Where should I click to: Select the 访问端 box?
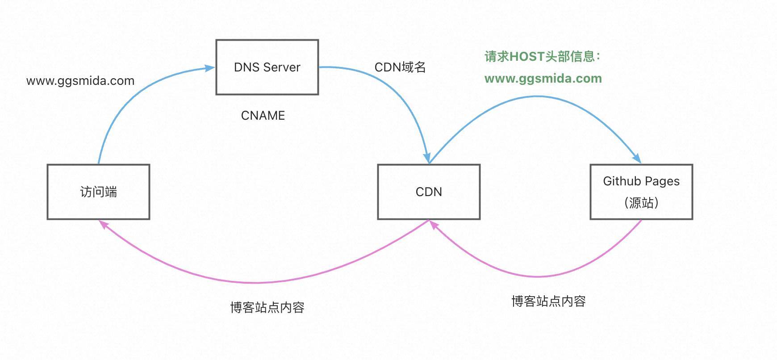(x=98, y=192)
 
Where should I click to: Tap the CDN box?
(x=429, y=192)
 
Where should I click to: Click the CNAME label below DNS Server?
(x=263, y=116)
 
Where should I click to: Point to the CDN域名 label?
(x=400, y=67)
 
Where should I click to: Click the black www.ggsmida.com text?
(x=80, y=81)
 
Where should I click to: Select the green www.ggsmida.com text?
(x=543, y=79)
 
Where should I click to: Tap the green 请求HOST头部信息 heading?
(x=542, y=57)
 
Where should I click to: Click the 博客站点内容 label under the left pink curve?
(x=267, y=307)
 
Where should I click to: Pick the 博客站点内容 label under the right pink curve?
(x=548, y=301)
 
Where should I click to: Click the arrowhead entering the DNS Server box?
(x=210, y=68)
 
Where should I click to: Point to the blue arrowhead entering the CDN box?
(x=427, y=158)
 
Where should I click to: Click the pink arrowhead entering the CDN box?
(x=434, y=225)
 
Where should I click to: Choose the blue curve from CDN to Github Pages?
(x=536, y=96)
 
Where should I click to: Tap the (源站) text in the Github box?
(x=641, y=203)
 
